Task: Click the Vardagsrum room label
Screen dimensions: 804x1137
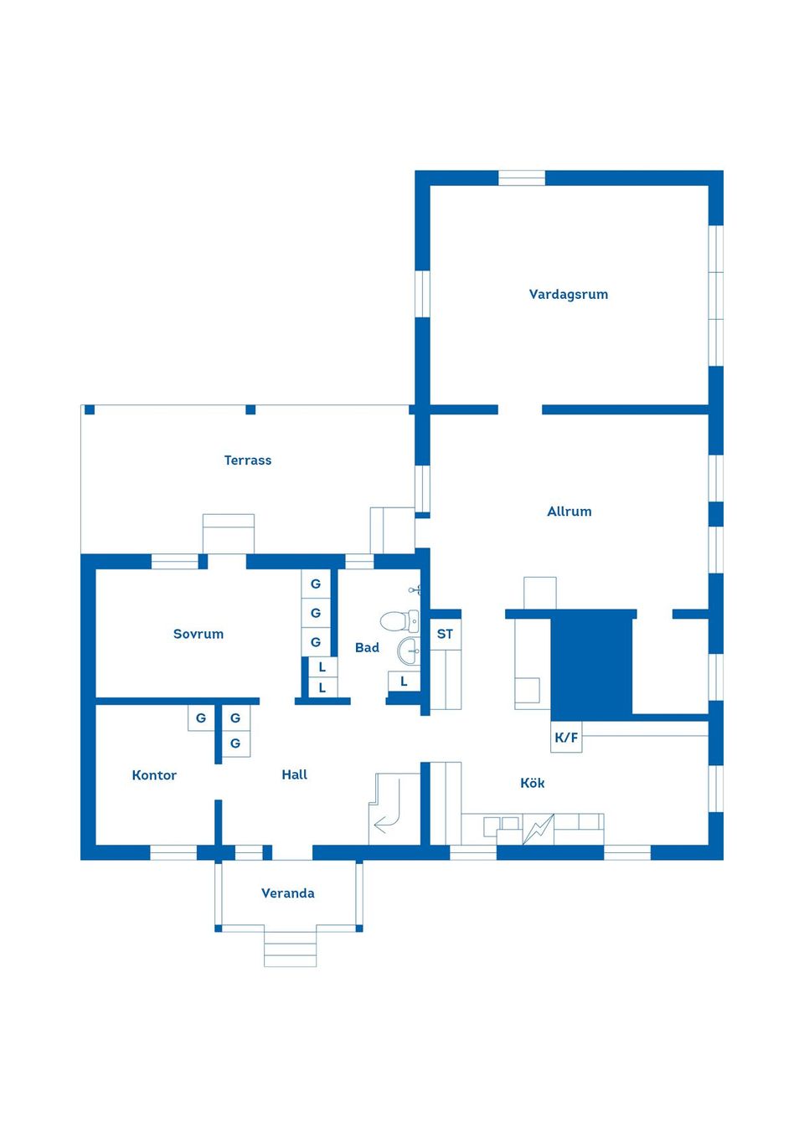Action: click(x=568, y=295)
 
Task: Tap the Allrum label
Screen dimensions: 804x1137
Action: click(x=569, y=511)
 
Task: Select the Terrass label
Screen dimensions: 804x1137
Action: click(x=248, y=460)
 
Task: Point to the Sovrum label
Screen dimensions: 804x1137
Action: click(x=198, y=634)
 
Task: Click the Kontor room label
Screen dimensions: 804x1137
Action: click(x=154, y=775)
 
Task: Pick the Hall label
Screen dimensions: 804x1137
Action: click(x=295, y=774)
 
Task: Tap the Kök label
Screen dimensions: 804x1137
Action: click(x=533, y=783)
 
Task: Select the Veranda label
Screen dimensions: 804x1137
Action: click(x=288, y=893)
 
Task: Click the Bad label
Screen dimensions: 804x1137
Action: click(x=367, y=648)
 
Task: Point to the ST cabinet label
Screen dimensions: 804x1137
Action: click(x=446, y=634)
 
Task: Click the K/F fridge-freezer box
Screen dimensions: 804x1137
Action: click(x=566, y=737)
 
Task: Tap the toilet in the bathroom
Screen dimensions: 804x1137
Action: click(x=399, y=620)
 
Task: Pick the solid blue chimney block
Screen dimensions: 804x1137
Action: click(x=591, y=666)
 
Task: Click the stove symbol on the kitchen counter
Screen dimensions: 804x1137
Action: click(x=538, y=830)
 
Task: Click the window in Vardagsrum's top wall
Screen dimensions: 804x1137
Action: click(x=522, y=178)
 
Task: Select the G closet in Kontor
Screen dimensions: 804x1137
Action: click(x=201, y=718)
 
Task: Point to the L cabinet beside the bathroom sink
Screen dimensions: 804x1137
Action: click(x=404, y=682)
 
